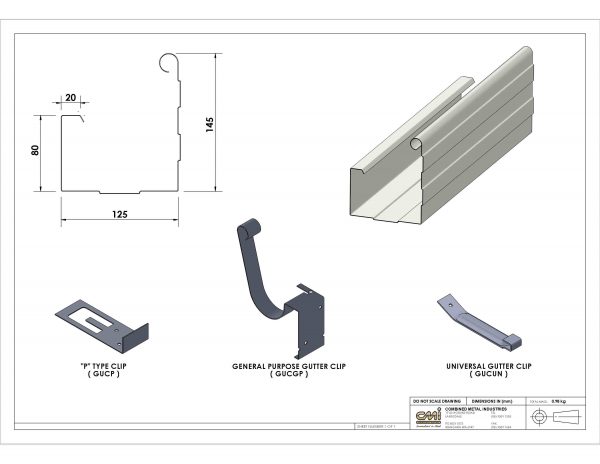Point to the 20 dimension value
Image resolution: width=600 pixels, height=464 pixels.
tap(70, 98)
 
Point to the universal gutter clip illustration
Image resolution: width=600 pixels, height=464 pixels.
tap(478, 321)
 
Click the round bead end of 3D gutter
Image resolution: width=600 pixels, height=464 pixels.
tap(415, 144)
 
